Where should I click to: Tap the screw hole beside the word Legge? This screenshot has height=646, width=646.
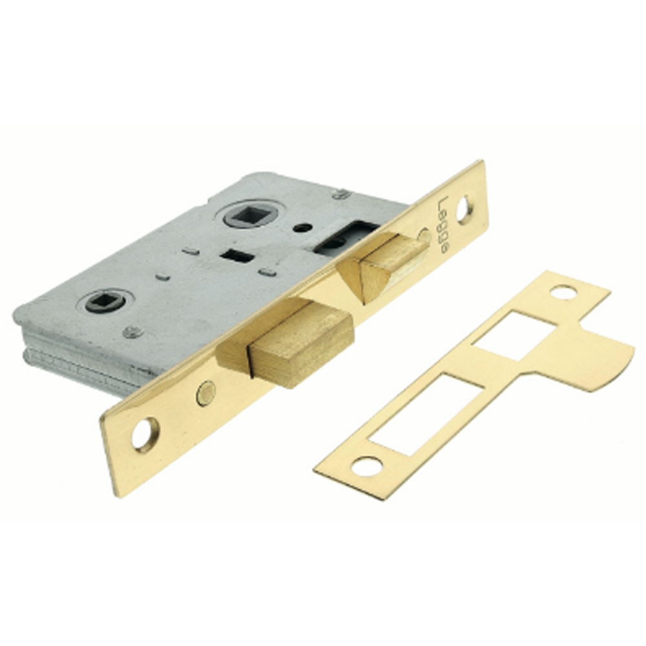point(465,210)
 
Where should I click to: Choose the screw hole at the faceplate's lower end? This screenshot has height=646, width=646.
point(145,435)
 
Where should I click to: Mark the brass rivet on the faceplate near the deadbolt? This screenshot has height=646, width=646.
point(205,393)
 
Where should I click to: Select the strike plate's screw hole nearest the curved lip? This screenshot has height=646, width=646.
point(563,292)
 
